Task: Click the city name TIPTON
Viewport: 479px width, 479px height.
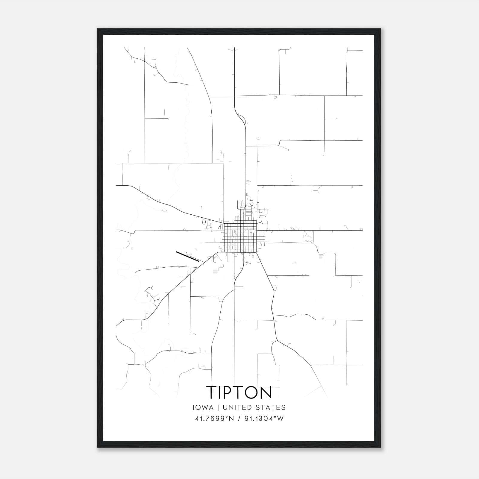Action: point(239,392)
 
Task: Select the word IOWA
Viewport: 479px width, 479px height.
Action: point(204,407)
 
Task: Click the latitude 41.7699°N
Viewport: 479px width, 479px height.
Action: point(214,419)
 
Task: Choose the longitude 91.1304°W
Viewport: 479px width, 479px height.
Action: point(264,419)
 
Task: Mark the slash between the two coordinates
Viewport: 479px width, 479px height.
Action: point(238,419)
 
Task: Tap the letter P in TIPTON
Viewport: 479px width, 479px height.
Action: point(229,392)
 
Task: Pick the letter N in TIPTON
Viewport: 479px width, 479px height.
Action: point(266,392)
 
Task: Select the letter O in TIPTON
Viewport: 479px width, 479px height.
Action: point(252,392)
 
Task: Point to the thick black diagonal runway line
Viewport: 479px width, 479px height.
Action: point(188,257)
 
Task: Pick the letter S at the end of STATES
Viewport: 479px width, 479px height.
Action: point(284,407)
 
